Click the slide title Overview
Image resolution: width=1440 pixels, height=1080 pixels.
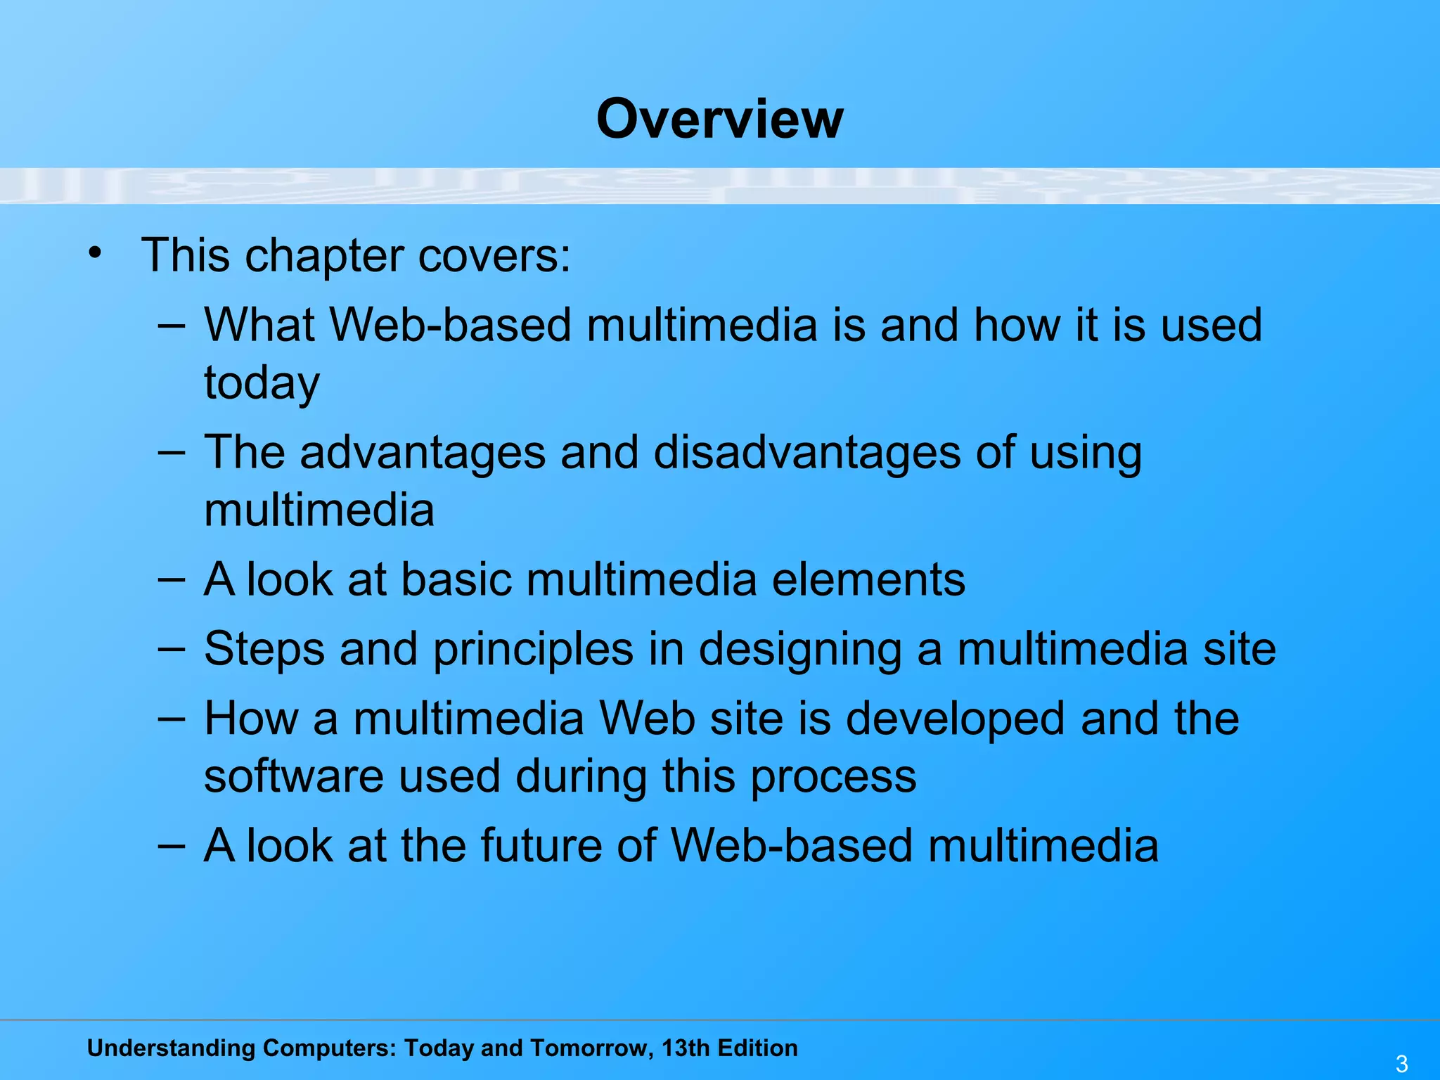pyautogui.click(x=719, y=119)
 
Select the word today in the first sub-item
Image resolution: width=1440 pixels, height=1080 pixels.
pyautogui.click(x=262, y=384)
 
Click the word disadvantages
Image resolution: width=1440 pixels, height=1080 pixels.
pyautogui.click(x=807, y=452)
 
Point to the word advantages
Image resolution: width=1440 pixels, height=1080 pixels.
pyautogui.click(x=423, y=454)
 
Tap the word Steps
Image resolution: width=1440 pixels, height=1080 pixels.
pyautogui.click(x=264, y=650)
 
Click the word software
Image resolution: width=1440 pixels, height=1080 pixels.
pyautogui.click(x=293, y=776)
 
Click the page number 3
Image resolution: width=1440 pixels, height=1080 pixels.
pyautogui.click(x=1401, y=1064)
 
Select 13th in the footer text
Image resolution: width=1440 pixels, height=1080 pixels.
pyautogui.click(x=686, y=1048)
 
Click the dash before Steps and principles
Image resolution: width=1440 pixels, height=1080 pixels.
pyautogui.click(x=172, y=648)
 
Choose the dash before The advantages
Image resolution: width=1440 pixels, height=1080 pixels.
pyautogui.click(x=172, y=452)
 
